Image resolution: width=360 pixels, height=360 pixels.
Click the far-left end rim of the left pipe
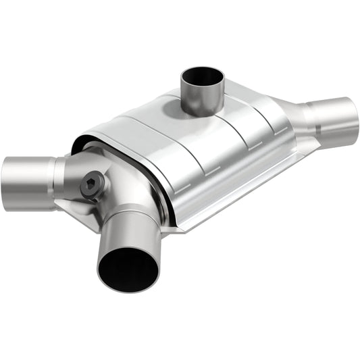pyautogui.click(x=5, y=182)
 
